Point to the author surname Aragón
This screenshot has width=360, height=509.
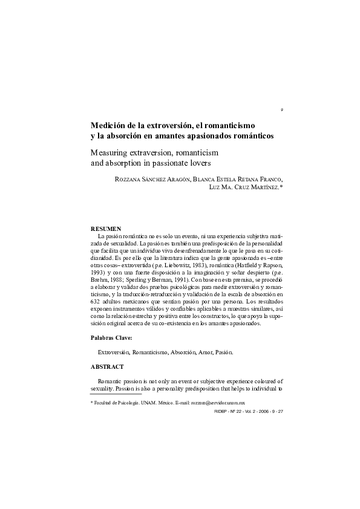tap(177, 179)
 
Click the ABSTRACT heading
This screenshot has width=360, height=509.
tap(107, 367)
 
